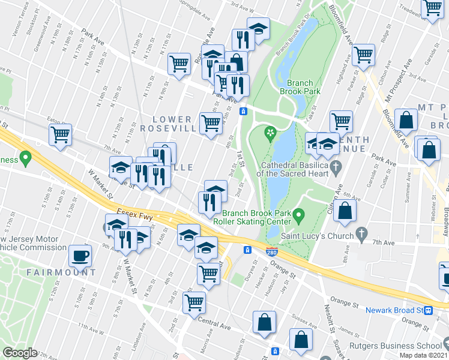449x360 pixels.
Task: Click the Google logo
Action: pyautogui.click(x=19, y=353)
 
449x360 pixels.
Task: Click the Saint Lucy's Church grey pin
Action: pyautogui.click(x=361, y=233)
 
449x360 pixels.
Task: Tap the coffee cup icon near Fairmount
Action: pyautogui.click(x=80, y=256)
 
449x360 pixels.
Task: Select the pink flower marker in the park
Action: pyautogui.click(x=271, y=133)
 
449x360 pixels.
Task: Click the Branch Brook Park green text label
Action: pyautogui.click(x=304, y=87)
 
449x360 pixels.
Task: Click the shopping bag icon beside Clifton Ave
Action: pyautogui.click(x=345, y=211)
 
